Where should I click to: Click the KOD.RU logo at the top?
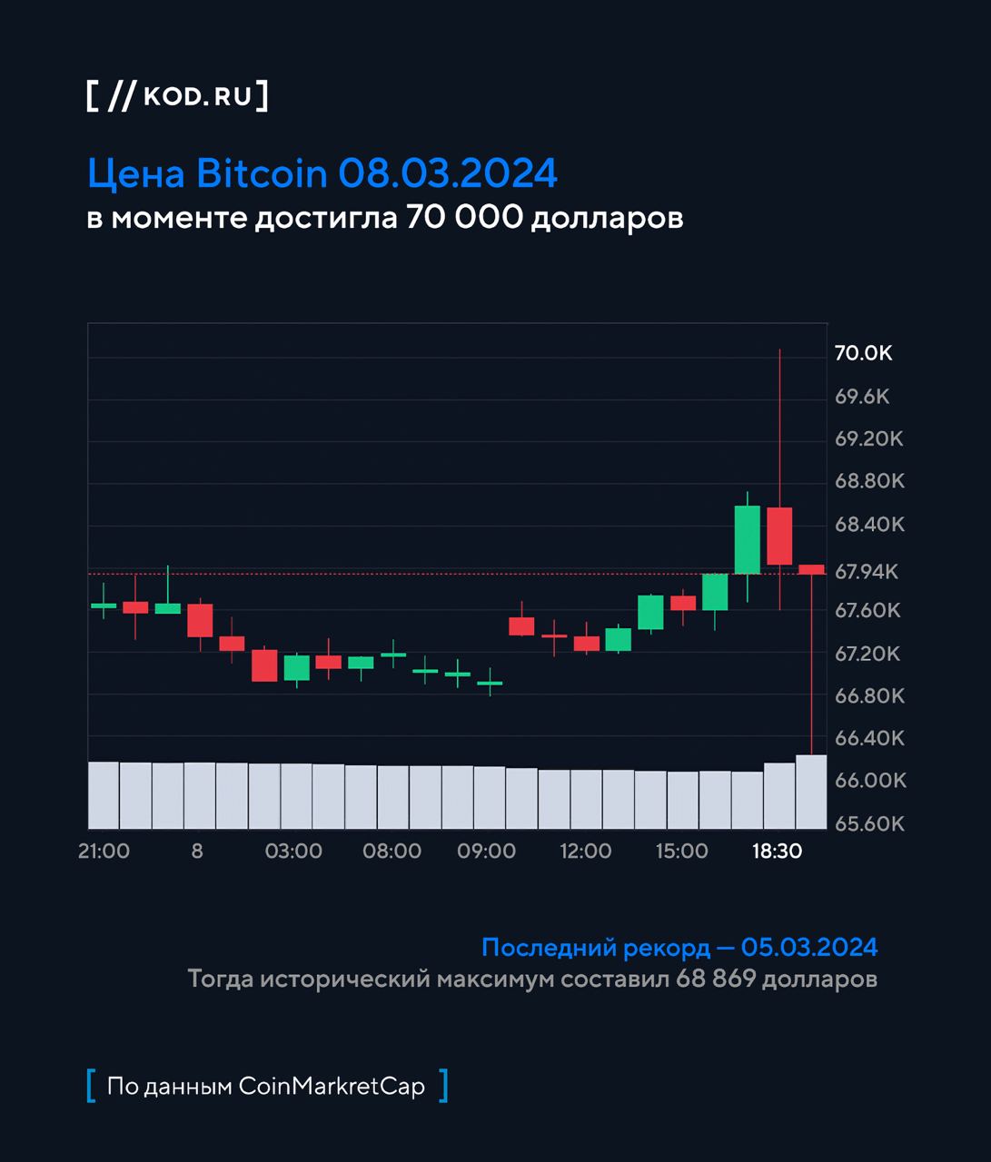coord(177,96)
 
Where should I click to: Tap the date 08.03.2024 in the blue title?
coord(448,172)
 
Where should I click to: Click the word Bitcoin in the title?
coord(262,172)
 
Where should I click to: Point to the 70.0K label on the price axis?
coord(863,353)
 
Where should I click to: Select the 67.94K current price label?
coord(866,571)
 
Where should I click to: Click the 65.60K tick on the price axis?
coord(869,823)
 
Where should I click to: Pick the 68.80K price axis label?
coord(869,480)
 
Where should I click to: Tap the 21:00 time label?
coord(104,852)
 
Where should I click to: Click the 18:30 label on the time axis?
coord(777,852)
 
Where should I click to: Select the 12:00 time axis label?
coord(585,852)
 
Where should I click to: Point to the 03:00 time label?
coord(293,852)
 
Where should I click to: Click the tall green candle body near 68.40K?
coord(747,539)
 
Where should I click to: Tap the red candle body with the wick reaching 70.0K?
coord(779,536)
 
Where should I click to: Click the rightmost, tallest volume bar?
coord(811,792)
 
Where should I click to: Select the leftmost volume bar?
coord(104,795)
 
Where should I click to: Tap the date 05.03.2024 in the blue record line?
coord(809,948)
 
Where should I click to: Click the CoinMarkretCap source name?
coord(332,1086)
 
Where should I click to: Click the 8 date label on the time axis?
coord(197,852)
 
